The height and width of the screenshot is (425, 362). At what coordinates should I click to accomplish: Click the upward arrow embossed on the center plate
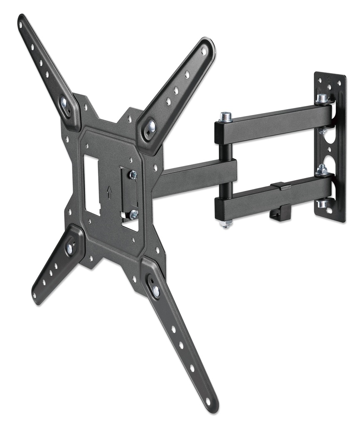click(x=109, y=192)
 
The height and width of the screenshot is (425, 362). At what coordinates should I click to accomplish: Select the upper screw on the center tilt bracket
click(x=133, y=175)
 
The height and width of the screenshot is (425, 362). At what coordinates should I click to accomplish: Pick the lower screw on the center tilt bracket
click(x=133, y=215)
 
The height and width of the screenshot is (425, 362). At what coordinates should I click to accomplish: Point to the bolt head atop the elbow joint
click(x=226, y=117)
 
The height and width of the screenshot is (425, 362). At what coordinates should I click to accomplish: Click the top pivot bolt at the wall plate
click(x=322, y=99)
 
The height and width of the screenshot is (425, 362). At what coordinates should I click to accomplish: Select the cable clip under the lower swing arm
click(x=275, y=213)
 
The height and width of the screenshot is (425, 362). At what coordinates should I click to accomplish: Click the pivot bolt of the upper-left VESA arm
click(x=64, y=102)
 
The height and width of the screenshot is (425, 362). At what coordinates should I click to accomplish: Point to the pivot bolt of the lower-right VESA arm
click(x=155, y=291)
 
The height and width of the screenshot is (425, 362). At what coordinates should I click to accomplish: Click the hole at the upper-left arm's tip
click(x=20, y=24)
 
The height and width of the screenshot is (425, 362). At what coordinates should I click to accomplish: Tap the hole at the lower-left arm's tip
click(x=35, y=295)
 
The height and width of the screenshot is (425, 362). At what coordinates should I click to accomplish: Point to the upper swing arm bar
click(x=274, y=122)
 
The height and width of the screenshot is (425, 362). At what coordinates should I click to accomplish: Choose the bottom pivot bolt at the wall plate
click(x=323, y=203)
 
